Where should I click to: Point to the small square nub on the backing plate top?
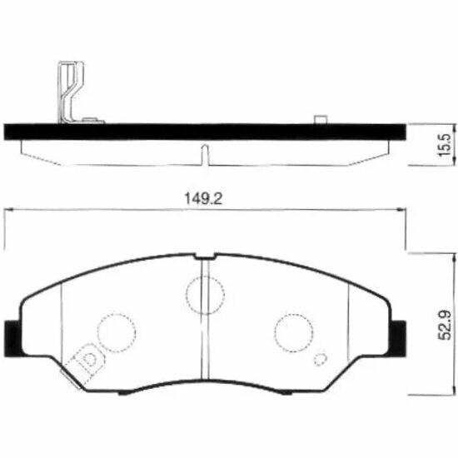[321, 120]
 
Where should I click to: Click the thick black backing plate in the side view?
[208, 131]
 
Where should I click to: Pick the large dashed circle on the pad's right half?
[294, 331]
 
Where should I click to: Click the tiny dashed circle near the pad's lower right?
[319, 361]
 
